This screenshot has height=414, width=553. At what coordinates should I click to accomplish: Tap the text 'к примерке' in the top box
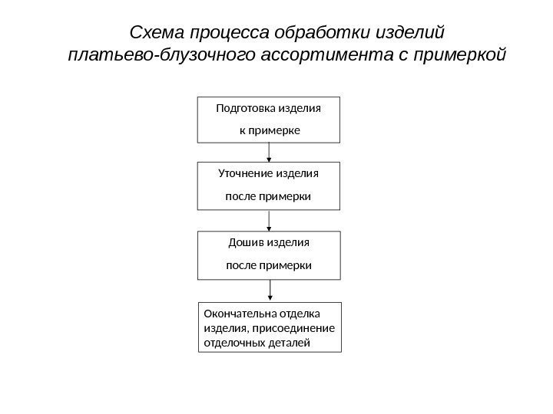[x=269, y=131]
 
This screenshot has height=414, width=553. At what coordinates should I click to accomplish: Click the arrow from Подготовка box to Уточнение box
[x=269, y=153]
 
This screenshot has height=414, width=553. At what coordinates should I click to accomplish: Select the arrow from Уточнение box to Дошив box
[x=269, y=221]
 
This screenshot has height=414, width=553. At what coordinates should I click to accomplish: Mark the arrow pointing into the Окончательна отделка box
[x=270, y=289]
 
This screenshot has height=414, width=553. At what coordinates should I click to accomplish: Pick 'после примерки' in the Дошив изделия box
[x=269, y=265]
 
